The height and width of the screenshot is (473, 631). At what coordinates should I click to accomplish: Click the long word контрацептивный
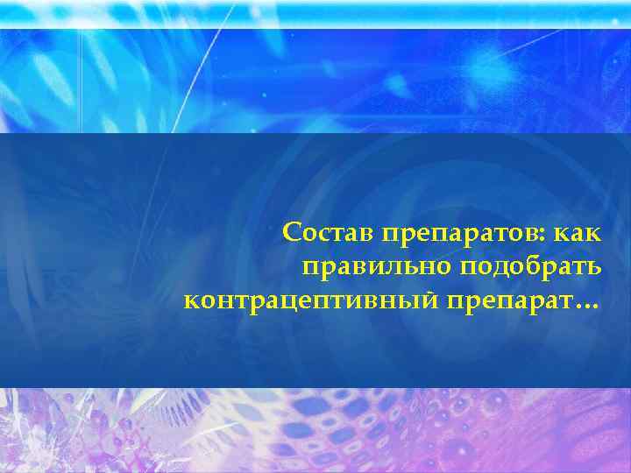click(311, 302)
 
